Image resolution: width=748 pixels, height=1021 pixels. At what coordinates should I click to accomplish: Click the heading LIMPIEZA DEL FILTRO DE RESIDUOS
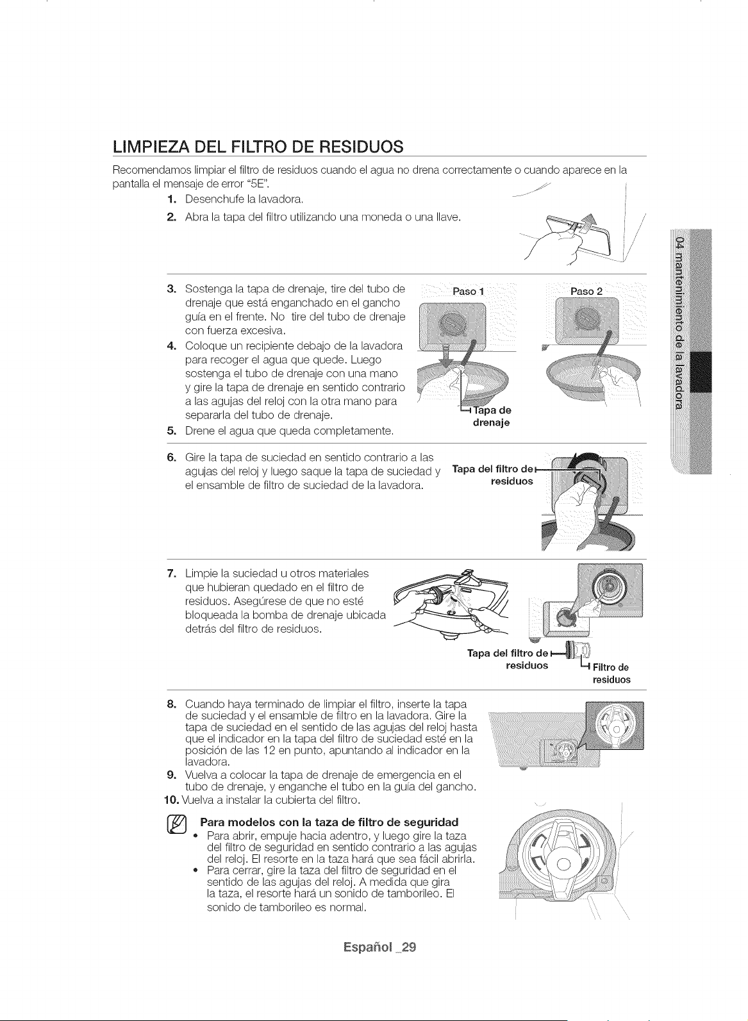click(x=258, y=147)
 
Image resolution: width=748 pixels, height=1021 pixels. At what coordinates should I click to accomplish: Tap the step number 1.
click(x=171, y=199)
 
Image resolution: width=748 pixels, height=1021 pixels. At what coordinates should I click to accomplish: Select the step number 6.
click(x=171, y=457)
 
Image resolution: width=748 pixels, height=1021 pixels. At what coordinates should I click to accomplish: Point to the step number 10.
click(x=172, y=800)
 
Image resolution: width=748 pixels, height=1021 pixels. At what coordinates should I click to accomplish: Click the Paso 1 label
click(x=468, y=291)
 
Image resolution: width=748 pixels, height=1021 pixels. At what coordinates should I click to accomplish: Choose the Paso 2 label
click(x=586, y=291)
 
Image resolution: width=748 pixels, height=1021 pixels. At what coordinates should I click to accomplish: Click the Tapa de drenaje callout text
click(x=492, y=416)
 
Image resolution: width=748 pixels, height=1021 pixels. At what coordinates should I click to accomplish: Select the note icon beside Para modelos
click(x=178, y=826)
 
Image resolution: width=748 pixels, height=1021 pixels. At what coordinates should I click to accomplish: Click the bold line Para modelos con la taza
click(x=329, y=822)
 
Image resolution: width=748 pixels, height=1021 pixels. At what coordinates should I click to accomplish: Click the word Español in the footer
click(x=368, y=947)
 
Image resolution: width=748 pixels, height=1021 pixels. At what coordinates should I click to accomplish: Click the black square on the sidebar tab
click(x=701, y=372)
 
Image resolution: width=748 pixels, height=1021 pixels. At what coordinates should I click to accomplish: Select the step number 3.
click(x=171, y=289)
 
